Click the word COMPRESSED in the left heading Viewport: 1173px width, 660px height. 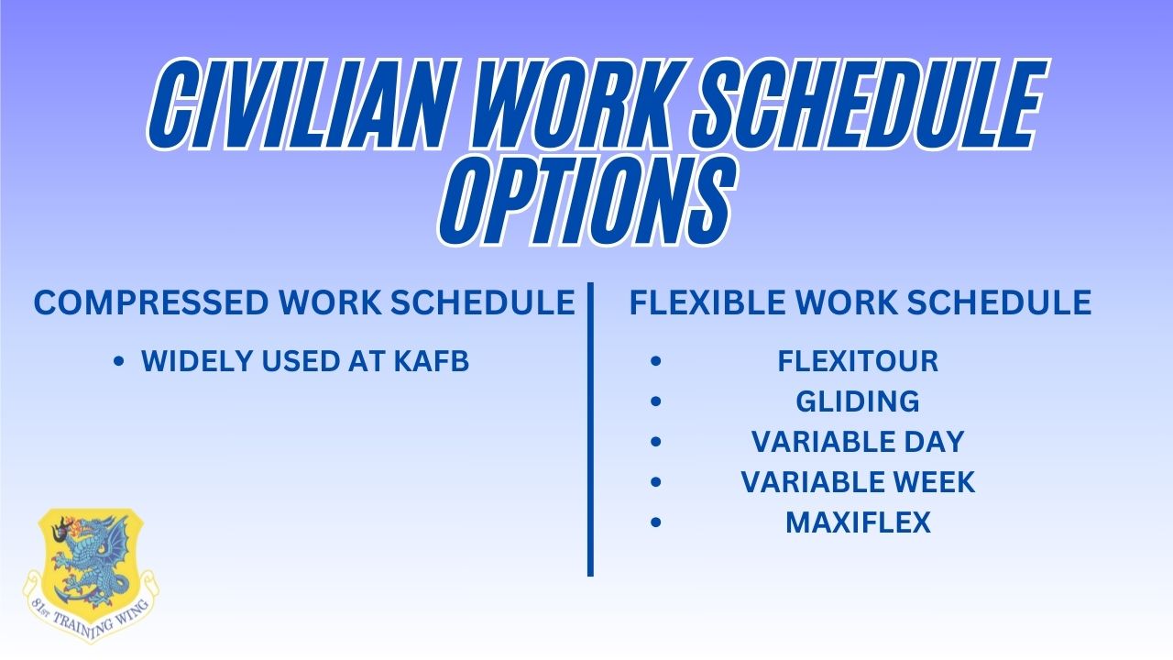(x=148, y=303)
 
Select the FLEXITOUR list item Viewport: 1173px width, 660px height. (x=858, y=362)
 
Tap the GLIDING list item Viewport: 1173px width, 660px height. (x=858, y=401)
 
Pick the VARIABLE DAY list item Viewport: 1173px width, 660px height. (x=858, y=442)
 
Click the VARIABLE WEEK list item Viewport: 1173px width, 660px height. (x=858, y=482)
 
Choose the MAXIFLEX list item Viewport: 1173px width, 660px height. (x=858, y=522)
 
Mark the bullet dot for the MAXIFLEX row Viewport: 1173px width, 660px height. (x=654, y=523)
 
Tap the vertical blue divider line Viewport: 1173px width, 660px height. (x=590, y=431)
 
